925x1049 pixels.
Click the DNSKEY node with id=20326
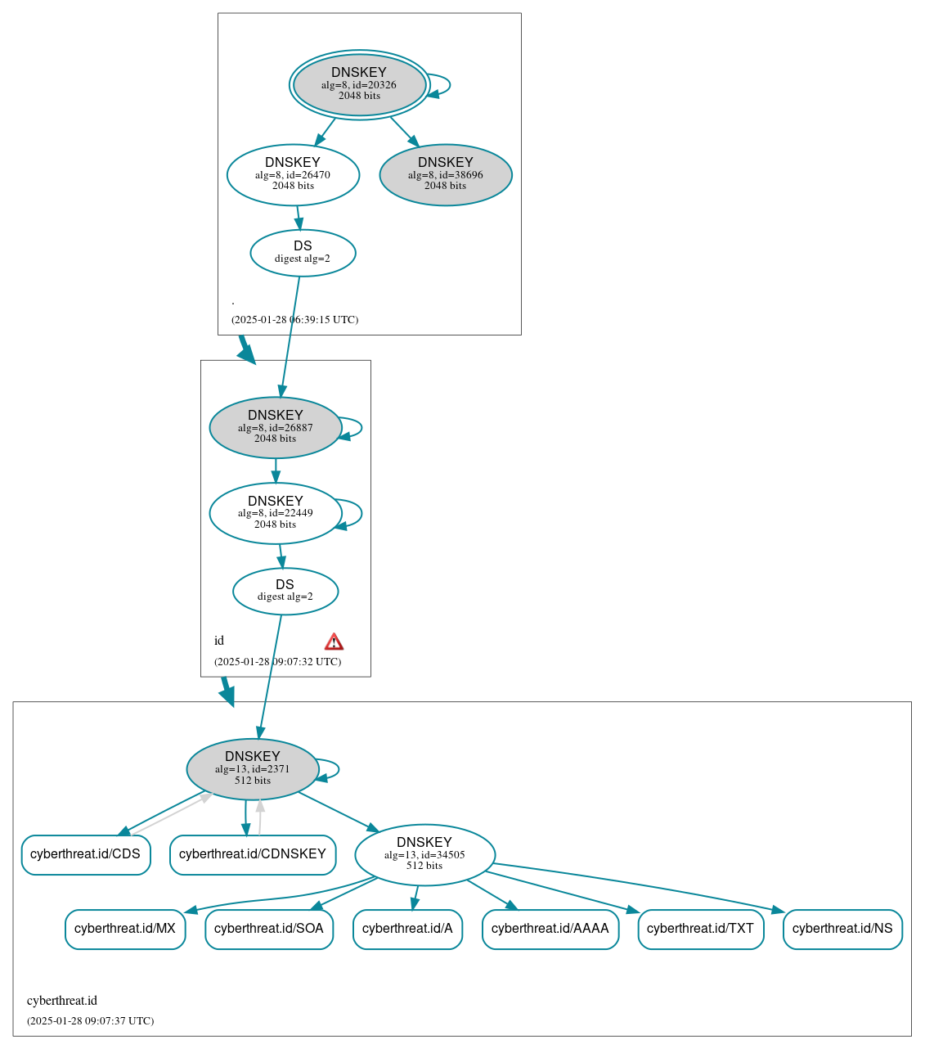[x=359, y=84]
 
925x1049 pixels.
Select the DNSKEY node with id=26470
[x=293, y=174]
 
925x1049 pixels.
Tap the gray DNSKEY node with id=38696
[x=446, y=174]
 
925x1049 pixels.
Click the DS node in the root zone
[x=303, y=253]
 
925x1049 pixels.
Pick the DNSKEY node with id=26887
[x=276, y=427]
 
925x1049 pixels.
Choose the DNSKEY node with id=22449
[x=276, y=513]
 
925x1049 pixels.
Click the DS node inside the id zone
[x=285, y=591]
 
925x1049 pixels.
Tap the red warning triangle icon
[x=334, y=642]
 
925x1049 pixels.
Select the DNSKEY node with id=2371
[x=253, y=769]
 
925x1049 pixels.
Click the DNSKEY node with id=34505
[x=424, y=854]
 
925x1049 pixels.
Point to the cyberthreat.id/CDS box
[x=86, y=854]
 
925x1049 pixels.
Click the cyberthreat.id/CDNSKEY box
[x=253, y=854]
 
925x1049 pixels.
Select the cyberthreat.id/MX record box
[x=125, y=929]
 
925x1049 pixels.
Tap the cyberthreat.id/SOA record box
[x=269, y=929]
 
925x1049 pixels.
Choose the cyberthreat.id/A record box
[x=407, y=929]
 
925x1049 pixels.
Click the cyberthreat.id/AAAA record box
[x=550, y=929]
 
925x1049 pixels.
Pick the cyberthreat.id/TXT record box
[x=700, y=929]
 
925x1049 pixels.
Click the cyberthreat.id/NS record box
[x=842, y=929]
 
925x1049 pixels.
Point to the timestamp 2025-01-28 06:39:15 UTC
[x=294, y=320]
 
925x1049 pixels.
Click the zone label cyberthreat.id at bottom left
[x=62, y=1001]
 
